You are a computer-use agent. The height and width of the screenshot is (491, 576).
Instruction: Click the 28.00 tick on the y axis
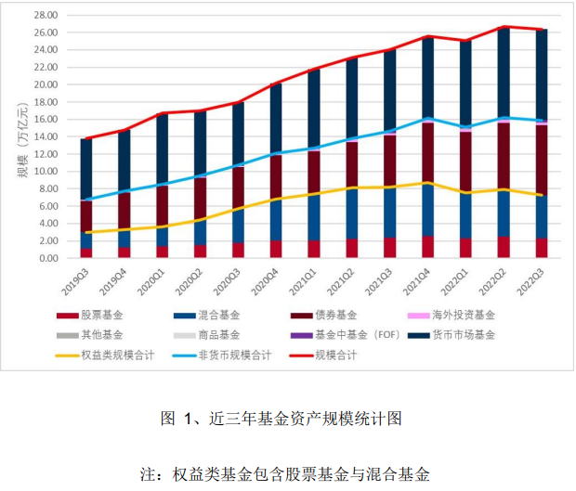pos(46,15)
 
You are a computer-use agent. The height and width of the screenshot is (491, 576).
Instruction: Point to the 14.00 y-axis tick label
pos(46,136)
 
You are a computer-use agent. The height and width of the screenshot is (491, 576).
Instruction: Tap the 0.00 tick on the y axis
pos(48,258)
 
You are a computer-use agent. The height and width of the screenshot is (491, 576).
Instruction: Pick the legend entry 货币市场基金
pos(469,334)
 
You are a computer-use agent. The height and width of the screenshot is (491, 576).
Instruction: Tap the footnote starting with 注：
pos(287,474)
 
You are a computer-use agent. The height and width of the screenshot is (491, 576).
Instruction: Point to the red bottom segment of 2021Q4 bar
pos(426,247)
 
